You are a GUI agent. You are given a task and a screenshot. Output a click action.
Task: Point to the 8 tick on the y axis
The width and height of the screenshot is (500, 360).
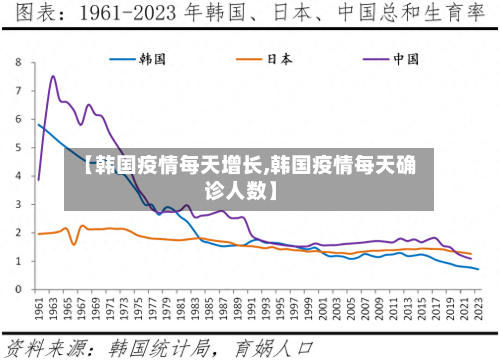point(19,62)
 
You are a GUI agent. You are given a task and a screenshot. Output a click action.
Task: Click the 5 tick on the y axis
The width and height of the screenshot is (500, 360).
point(19,146)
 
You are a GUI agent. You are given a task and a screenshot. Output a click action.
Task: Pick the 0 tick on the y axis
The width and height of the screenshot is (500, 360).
point(19,288)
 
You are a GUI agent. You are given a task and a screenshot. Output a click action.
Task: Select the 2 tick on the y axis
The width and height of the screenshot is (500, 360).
point(19,231)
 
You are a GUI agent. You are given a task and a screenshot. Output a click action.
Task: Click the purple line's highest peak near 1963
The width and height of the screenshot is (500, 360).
point(53,76)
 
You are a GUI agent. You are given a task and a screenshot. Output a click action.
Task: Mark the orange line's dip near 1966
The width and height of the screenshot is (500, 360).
point(73,244)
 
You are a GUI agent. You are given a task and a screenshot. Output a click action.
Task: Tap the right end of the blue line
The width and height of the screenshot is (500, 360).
point(479,269)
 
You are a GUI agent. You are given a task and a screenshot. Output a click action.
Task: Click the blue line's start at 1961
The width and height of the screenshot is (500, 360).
point(38,124)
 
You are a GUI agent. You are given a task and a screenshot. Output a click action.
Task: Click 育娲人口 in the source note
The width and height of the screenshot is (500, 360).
point(274,347)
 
